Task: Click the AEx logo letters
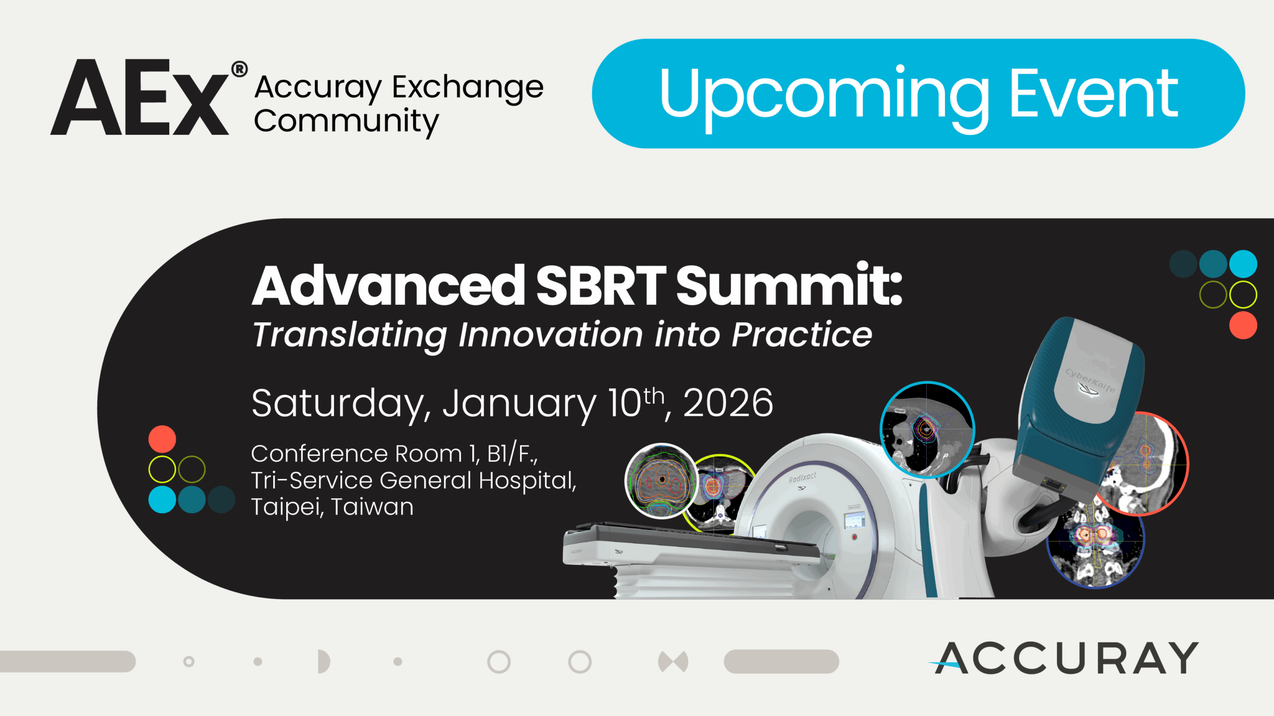(139, 97)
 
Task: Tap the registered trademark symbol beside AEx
(239, 69)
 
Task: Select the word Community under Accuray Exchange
(346, 122)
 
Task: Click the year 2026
(728, 403)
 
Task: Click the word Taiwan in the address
(372, 507)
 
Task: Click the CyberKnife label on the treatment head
(1090, 381)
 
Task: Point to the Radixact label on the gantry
(802, 478)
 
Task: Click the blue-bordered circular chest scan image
(927, 429)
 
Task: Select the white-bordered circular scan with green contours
(662, 481)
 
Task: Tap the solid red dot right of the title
(1243, 325)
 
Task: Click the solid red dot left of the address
(162, 439)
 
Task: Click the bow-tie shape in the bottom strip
(673, 662)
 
